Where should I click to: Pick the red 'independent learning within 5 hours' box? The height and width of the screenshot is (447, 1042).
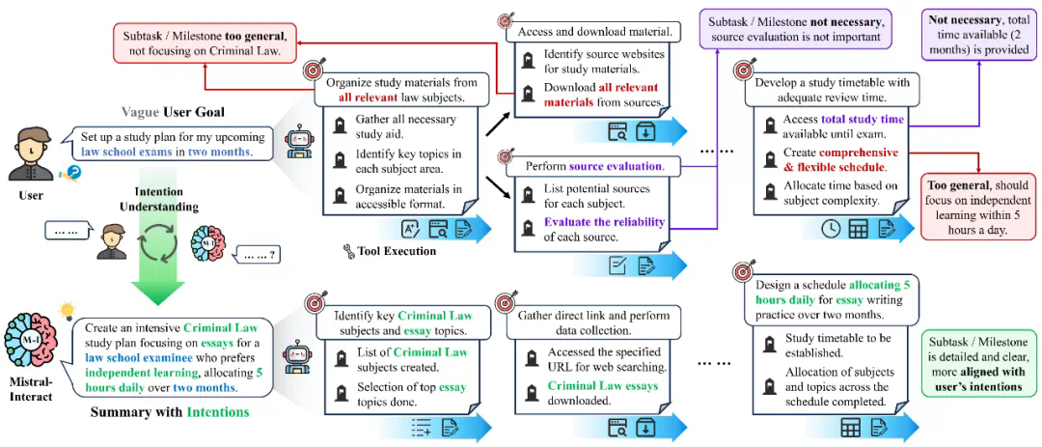point(977,207)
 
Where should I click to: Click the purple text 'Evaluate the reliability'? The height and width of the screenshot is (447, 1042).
point(599,222)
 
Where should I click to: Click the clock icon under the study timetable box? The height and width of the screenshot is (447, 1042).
point(831,230)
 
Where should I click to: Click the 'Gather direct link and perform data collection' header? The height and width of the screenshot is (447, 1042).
point(595,321)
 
